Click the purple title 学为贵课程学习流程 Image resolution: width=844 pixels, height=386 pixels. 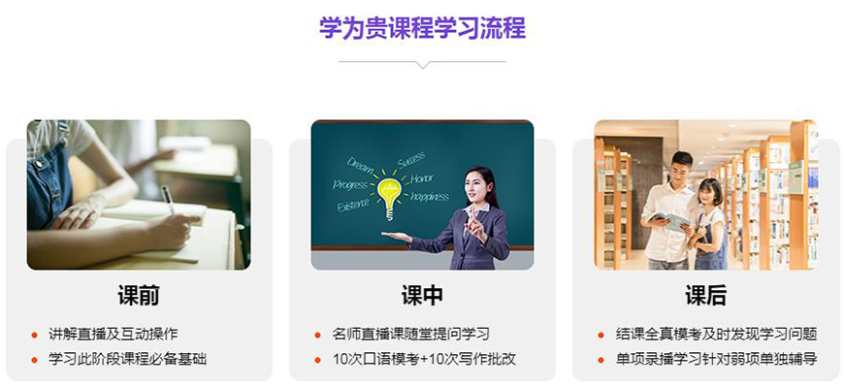point(422,27)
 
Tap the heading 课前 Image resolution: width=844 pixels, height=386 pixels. point(139,296)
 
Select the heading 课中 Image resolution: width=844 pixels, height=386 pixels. point(422,296)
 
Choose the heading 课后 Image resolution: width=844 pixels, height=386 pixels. point(705,296)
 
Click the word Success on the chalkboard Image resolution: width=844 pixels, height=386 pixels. point(410,158)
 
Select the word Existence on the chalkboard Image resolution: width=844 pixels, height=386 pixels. point(352,205)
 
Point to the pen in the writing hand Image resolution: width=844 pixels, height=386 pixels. point(167,200)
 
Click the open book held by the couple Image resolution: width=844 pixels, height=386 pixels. point(672,219)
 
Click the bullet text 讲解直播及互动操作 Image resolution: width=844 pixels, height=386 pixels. point(114,334)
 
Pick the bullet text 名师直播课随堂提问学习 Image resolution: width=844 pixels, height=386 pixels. point(410,334)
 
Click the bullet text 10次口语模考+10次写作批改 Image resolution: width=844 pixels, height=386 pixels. point(424,359)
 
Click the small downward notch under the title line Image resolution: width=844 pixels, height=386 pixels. point(422,65)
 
